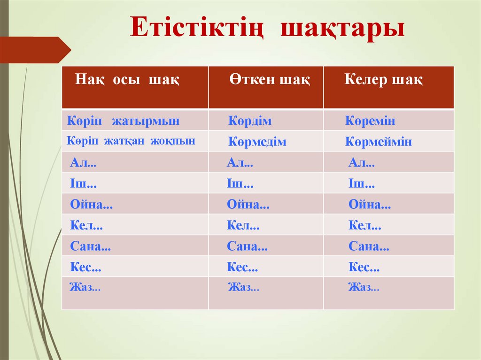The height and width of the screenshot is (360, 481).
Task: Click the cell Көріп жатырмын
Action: [x=123, y=121]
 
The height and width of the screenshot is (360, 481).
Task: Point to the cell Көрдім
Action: [x=250, y=121]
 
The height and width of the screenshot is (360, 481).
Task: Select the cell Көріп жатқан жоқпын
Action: [x=131, y=141]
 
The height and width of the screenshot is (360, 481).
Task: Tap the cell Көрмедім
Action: [x=257, y=142]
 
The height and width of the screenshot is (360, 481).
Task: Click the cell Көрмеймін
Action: [x=378, y=142]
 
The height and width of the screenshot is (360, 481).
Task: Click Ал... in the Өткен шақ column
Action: [x=240, y=163]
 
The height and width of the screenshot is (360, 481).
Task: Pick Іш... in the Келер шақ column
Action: [x=361, y=184]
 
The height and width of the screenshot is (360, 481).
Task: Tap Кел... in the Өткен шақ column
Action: [x=243, y=225]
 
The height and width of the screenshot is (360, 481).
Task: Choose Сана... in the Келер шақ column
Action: [x=369, y=246]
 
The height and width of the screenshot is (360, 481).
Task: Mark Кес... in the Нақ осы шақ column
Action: [x=85, y=267]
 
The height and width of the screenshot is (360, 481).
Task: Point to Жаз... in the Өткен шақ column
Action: [x=243, y=287]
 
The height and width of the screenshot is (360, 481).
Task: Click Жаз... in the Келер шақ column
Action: [x=364, y=287]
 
